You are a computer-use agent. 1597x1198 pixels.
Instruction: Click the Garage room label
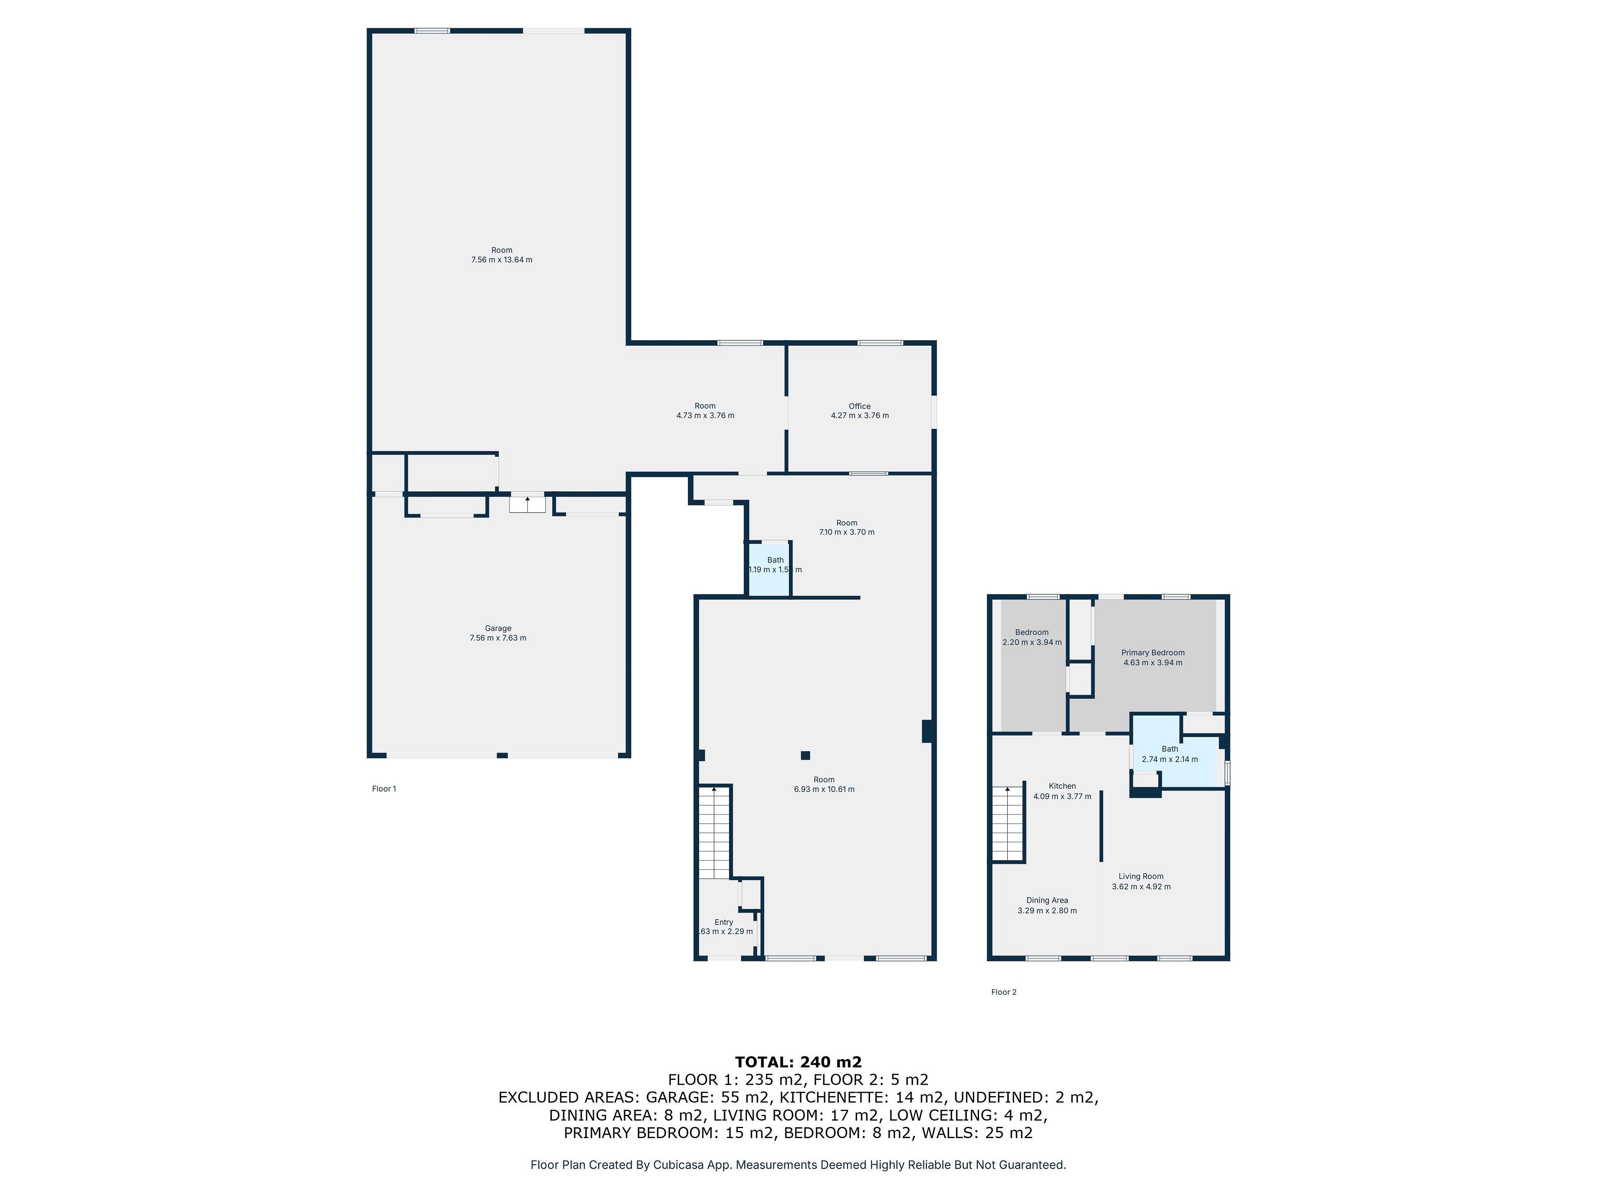point(498,628)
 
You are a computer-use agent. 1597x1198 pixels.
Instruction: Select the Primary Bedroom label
point(1153,653)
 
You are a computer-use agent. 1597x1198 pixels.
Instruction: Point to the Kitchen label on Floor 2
point(1062,786)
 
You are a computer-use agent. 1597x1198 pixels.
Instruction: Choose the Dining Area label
point(1047,901)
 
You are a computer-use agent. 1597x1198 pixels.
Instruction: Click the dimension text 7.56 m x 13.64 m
point(502,260)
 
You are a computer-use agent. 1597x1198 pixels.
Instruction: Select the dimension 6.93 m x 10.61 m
point(824,789)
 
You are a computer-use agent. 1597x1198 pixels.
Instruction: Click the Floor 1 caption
point(384,789)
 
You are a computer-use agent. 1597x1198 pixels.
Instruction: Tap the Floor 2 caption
point(1004,992)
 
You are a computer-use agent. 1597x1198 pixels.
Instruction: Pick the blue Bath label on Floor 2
point(1169,749)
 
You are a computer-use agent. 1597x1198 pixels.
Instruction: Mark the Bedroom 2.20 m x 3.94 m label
point(1032,637)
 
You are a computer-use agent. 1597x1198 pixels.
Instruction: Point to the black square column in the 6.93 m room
point(805,755)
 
